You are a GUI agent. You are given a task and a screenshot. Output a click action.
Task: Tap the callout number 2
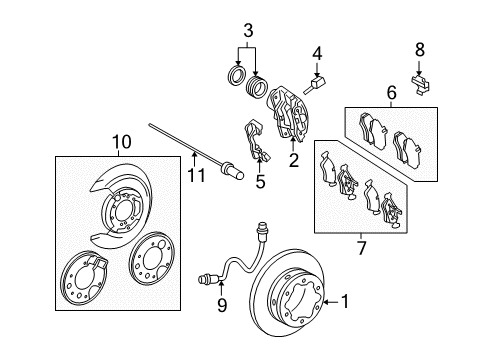pos(294,159)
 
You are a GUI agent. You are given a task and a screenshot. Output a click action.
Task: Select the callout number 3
pos(249,26)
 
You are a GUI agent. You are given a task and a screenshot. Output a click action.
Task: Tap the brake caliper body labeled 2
pos(289,112)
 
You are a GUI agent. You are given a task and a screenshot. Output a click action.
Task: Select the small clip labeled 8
pos(422,76)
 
